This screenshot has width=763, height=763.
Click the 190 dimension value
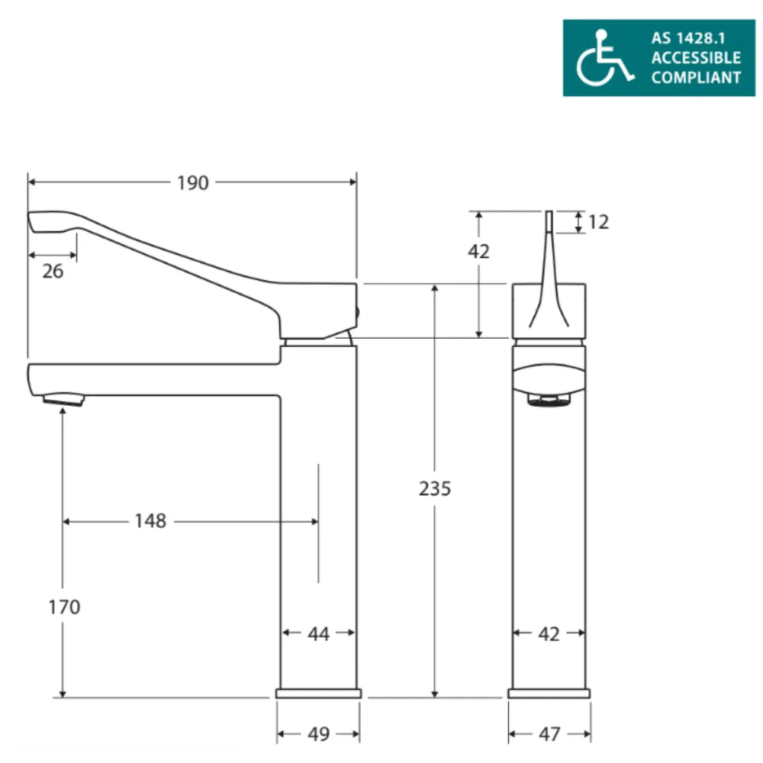192,183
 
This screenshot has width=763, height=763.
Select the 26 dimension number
53,271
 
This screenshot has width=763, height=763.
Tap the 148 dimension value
150,521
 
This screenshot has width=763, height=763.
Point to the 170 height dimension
63,607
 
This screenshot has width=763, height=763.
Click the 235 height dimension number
435,488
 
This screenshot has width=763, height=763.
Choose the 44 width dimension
319,633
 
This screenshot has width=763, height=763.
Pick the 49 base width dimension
318,734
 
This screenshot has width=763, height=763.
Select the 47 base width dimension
549,734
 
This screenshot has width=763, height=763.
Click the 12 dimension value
599,222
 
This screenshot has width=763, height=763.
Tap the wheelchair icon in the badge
604,58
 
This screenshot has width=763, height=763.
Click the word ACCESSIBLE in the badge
695,57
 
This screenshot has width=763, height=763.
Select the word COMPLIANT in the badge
695,77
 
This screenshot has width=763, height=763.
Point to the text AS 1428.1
695,37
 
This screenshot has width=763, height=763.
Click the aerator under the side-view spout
63,398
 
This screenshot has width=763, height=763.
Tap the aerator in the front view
549,399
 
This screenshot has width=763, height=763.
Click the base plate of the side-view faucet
318,693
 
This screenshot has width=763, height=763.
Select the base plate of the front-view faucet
549,693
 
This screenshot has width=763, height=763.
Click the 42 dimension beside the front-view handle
478,251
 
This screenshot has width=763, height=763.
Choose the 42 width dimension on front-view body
549,633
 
